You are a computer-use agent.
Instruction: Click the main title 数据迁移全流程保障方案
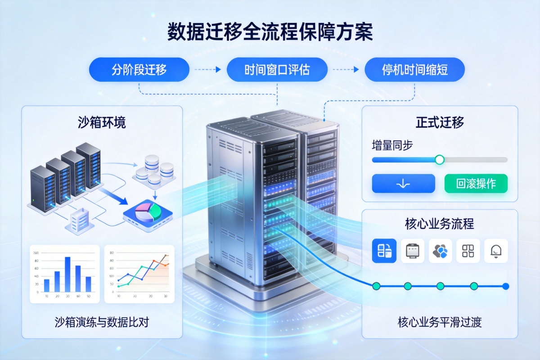(x=270, y=33)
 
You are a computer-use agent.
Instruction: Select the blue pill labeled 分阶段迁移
(x=139, y=70)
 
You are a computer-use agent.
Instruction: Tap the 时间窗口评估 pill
(x=277, y=70)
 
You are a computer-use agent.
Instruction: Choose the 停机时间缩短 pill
(x=414, y=70)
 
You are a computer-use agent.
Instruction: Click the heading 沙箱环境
(x=102, y=123)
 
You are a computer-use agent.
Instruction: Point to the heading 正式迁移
(x=440, y=122)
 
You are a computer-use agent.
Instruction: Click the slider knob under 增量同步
(x=440, y=159)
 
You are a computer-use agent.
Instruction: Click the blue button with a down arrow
(x=403, y=184)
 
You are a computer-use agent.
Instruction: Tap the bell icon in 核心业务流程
(x=496, y=251)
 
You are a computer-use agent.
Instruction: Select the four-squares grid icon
(x=468, y=251)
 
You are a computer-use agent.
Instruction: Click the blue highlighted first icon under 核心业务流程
(x=384, y=251)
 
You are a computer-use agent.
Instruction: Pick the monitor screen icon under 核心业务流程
(x=412, y=251)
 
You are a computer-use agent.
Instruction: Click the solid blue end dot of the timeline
(x=505, y=286)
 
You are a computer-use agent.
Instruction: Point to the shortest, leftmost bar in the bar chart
(x=46, y=285)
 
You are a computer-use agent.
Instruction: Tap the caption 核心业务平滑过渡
(x=440, y=322)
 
